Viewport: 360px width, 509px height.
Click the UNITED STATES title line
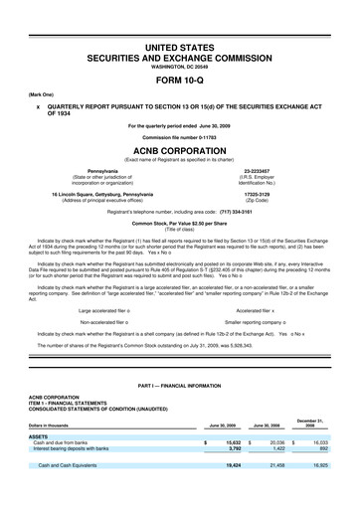179,48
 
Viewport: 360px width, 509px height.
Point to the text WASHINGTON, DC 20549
179,69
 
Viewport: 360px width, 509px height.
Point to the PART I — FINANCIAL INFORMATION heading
179,412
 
